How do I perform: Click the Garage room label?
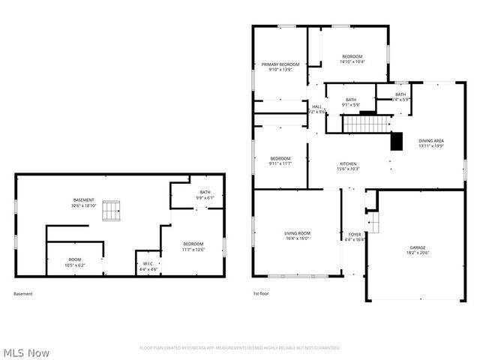pyautogui.click(x=417, y=250)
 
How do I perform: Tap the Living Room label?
pyautogui.click(x=297, y=236)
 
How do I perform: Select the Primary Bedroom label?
pyautogui.click(x=280, y=67)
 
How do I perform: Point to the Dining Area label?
pyautogui.click(x=431, y=143)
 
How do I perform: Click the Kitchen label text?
pyautogui.click(x=347, y=166)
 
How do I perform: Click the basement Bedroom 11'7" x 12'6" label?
pyautogui.click(x=193, y=247)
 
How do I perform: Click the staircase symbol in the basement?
pyautogui.click(x=112, y=211)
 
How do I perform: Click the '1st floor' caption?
pyautogui.click(x=261, y=294)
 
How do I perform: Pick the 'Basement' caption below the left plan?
pyautogui.click(x=23, y=294)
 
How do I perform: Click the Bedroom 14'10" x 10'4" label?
pyautogui.click(x=352, y=60)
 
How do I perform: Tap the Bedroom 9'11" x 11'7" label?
pyautogui.click(x=280, y=161)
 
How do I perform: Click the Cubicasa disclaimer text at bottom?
pyautogui.click(x=240, y=348)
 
